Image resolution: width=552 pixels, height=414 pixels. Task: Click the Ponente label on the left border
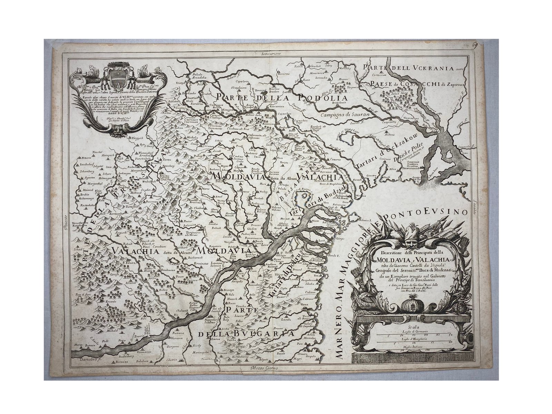click(x=65, y=224)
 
